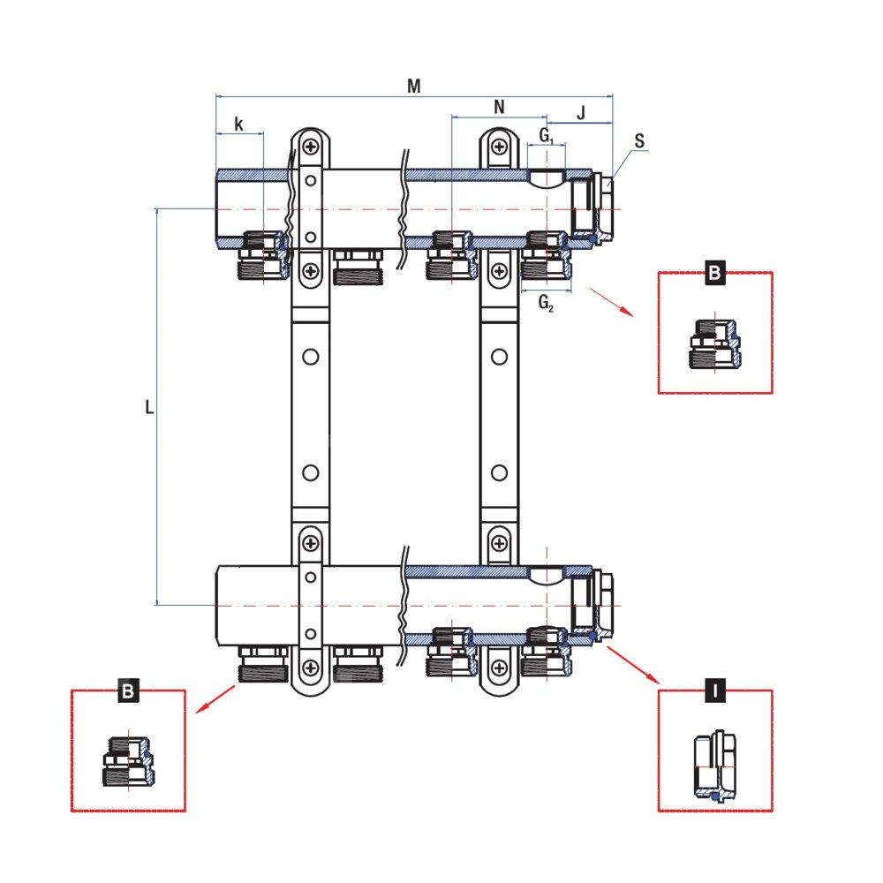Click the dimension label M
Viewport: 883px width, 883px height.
click(x=413, y=86)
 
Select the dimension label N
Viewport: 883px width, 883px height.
click(x=499, y=107)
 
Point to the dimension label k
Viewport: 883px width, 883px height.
click(x=239, y=124)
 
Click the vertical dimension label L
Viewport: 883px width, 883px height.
click(x=149, y=407)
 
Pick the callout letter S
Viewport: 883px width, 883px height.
click(x=639, y=140)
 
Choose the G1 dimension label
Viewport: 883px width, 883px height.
click(x=547, y=135)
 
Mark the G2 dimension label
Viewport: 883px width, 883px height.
click(x=547, y=303)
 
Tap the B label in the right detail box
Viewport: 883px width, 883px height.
click(x=714, y=273)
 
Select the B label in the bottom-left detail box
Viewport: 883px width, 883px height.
click(x=128, y=691)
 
